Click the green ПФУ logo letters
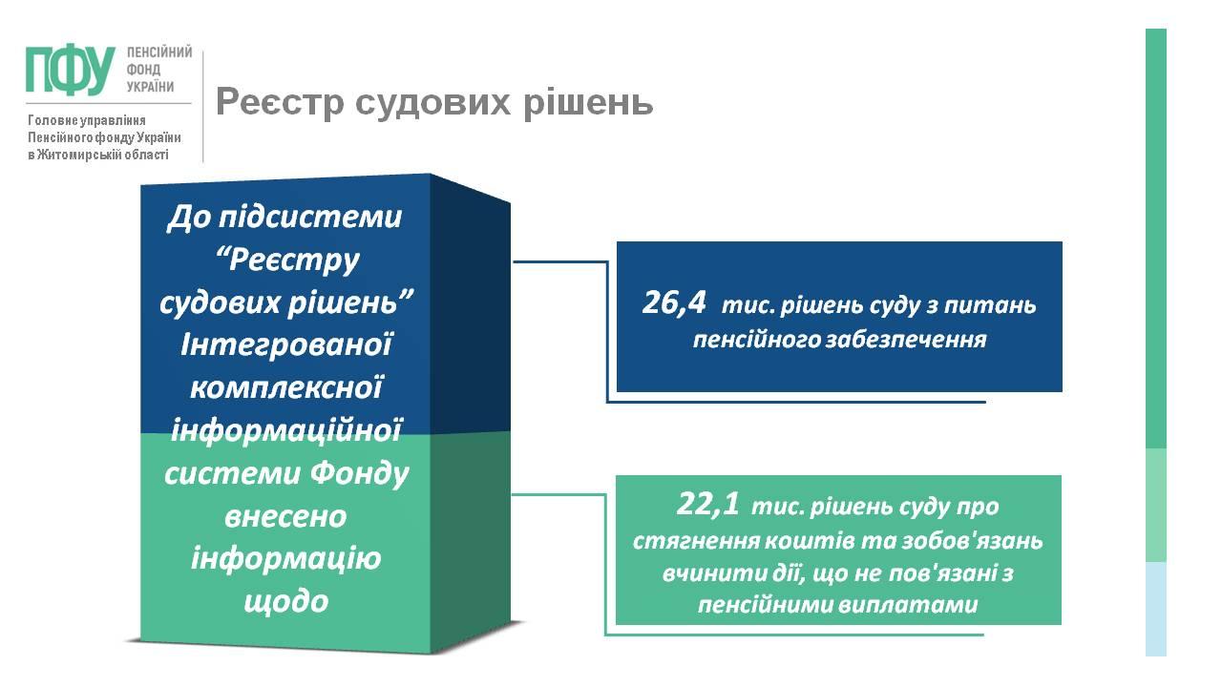[71, 71]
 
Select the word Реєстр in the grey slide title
[280, 102]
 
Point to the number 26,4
[674, 302]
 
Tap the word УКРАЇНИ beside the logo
[151, 87]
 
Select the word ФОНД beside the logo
[143, 70]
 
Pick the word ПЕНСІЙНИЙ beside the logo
[159, 52]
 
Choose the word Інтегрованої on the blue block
[286, 344]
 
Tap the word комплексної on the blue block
[286, 388]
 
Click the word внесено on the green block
[285, 517]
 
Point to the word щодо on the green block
[285, 602]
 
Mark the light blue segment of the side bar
[1155, 609]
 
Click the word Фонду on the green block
[359, 474]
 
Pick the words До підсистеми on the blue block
[284, 218]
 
